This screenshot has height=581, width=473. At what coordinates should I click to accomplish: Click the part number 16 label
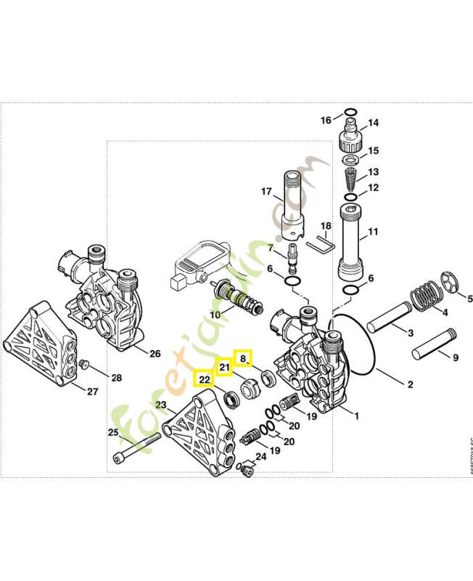pyautogui.click(x=326, y=120)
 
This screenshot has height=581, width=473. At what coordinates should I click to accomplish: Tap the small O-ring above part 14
pyautogui.click(x=350, y=113)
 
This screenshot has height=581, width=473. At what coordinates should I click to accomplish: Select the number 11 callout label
pyautogui.click(x=374, y=232)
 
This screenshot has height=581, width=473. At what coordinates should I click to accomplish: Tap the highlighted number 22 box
pyautogui.click(x=205, y=378)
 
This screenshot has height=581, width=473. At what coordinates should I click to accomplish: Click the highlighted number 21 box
pyautogui.click(x=225, y=367)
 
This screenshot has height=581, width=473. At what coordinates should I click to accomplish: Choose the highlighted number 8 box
pyautogui.click(x=243, y=357)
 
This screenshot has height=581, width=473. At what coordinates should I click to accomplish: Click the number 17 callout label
pyautogui.click(x=266, y=192)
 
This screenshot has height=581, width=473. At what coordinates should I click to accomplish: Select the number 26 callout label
pyautogui.click(x=154, y=354)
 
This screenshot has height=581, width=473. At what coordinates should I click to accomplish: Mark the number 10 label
pyautogui.click(x=215, y=314)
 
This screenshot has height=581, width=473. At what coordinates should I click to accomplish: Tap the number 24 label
pyautogui.click(x=260, y=456)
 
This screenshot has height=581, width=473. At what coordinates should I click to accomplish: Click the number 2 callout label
pyautogui.click(x=410, y=385)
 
